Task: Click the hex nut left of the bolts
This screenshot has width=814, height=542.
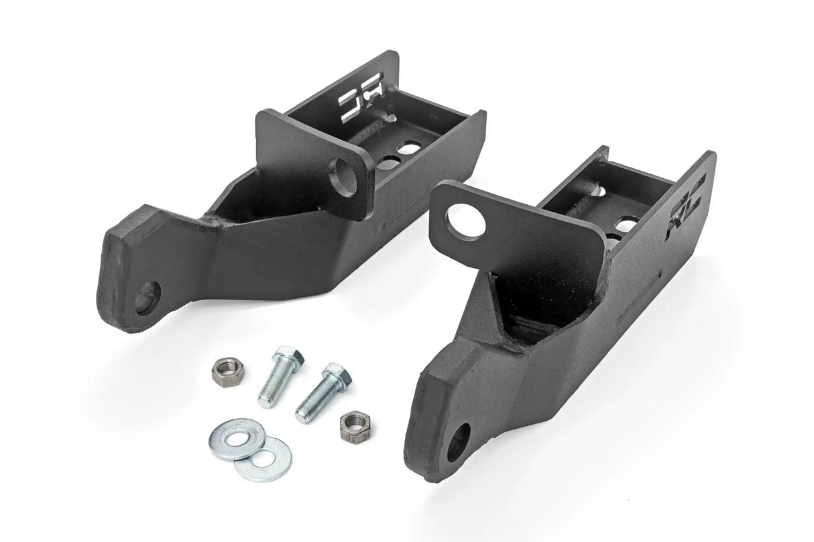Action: pyautogui.click(x=221, y=368)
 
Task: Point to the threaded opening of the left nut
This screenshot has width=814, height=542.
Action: pyautogui.click(x=221, y=367)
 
